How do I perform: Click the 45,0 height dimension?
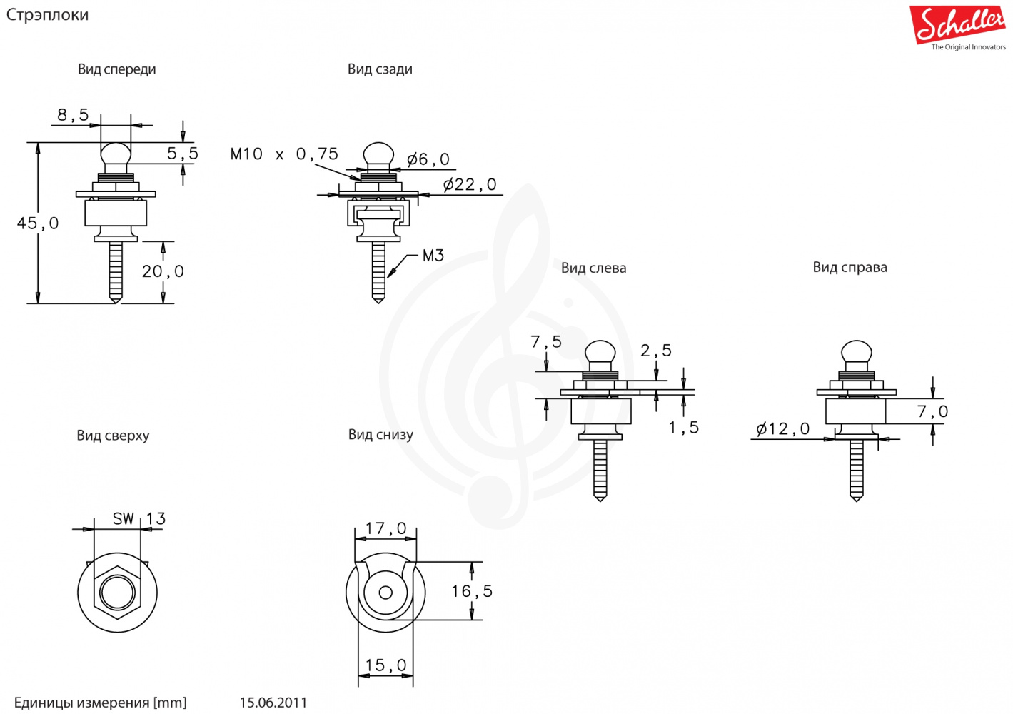coord(38,223)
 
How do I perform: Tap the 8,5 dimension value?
coord(73,115)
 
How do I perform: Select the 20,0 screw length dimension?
coord(163,271)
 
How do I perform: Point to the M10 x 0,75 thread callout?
coord(284,154)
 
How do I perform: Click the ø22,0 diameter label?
coord(470,185)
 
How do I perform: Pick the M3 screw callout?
coord(433,256)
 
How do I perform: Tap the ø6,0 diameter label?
coord(428,159)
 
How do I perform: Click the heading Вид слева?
coord(593,268)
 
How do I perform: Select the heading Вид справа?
coord(850,267)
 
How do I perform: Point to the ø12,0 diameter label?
coord(783,429)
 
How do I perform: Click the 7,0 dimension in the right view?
coord(932,412)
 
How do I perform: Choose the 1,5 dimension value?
coord(683,428)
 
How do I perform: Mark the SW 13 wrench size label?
coord(138,519)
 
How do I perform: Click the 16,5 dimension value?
coord(471,591)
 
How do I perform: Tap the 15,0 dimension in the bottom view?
coord(385,665)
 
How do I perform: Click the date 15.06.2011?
coord(273,703)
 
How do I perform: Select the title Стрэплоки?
coord(47,15)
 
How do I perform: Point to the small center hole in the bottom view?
coord(385,593)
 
